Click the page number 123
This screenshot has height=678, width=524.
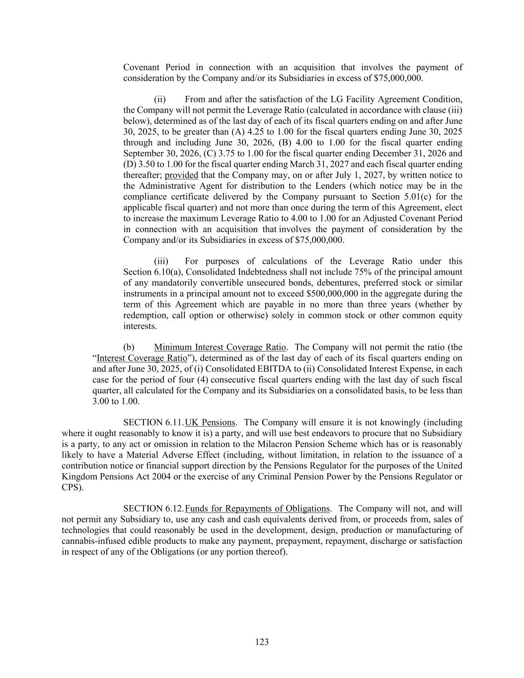click(x=262, y=642)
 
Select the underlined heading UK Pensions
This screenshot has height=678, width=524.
click(x=210, y=423)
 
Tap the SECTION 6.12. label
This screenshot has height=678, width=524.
click(x=153, y=509)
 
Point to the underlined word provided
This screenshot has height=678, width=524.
click(x=181, y=175)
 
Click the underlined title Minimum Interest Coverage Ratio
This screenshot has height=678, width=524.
click(x=220, y=347)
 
